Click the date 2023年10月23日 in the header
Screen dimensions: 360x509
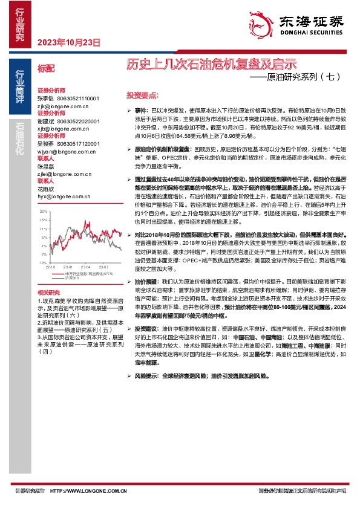[68, 42]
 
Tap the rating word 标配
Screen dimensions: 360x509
[45, 69]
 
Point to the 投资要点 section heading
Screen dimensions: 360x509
[142, 96]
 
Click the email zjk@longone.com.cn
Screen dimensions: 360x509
[62, 105]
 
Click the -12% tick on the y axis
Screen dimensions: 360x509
[42, 263]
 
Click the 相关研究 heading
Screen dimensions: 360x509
[48, 293]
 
